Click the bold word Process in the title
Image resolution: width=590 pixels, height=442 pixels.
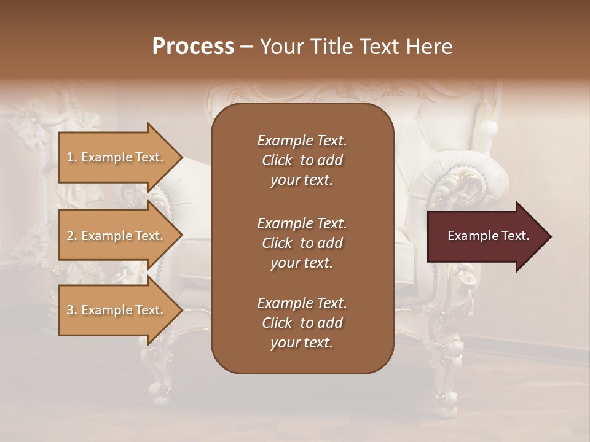click(x=193, y=47)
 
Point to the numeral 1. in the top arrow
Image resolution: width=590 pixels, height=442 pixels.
click(x=71, y=157)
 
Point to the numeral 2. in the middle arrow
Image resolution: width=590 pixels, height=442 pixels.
click(x=71, y=236)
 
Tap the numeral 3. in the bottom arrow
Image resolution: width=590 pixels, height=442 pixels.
click(x=71, y=310)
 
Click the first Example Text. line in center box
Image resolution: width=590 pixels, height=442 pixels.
click(x=302, y=141)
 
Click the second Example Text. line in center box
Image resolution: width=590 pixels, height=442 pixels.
click(x=302, y=223)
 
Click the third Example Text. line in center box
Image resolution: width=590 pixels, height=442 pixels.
click(x=302, y=303)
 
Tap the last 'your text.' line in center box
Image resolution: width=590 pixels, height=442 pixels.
click(x=302, y=343)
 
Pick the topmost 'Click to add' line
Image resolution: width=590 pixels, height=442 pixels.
click(x=302, y=160)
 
